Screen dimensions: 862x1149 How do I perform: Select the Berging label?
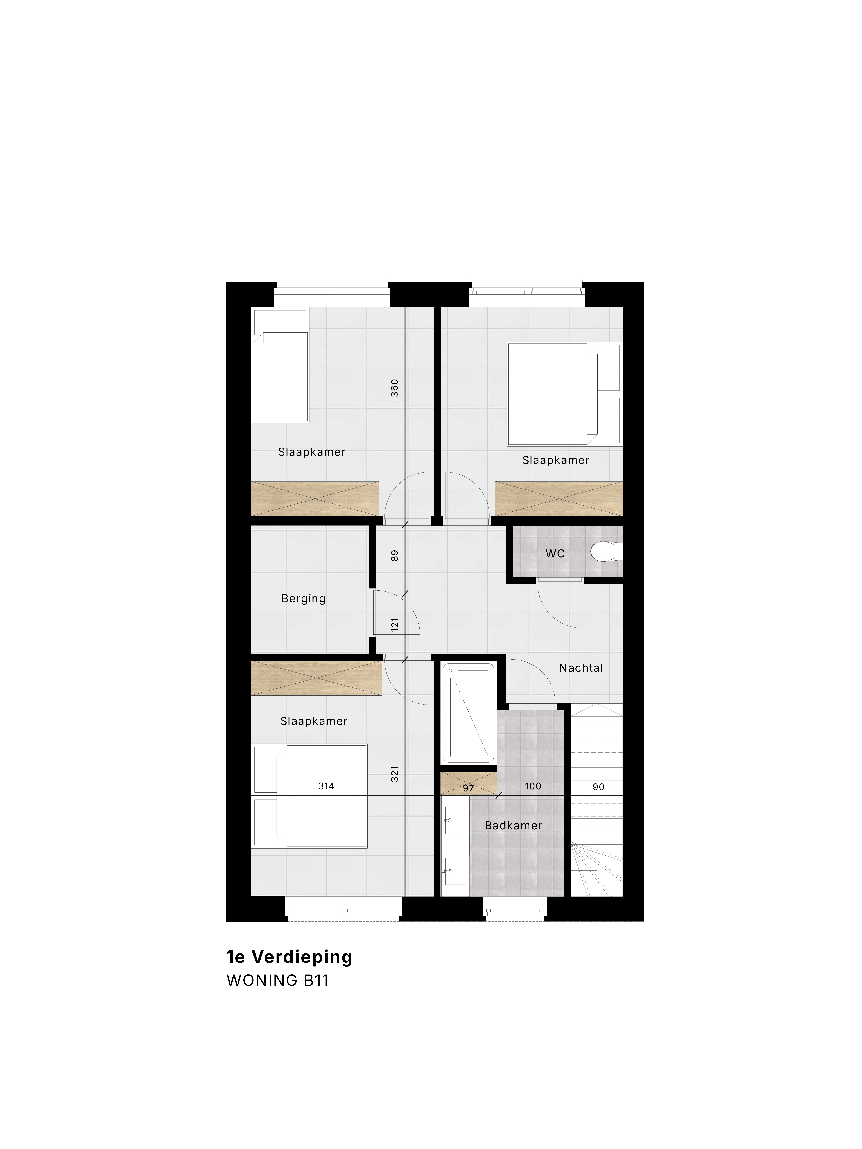click(x=303, y=598)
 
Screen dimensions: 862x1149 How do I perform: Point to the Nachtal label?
click(x=581, y=668)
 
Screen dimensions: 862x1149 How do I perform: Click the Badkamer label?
click(x=513, y=825)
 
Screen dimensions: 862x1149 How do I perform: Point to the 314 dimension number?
click(x=326, y=786)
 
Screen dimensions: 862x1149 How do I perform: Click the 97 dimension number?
click(x=468, y=788)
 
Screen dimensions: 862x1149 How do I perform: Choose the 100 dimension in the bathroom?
click(x=533, y=786)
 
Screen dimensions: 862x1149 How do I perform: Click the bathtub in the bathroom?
click(x=468, y=713)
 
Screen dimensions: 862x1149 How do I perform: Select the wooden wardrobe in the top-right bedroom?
click(x=559, y=499)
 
